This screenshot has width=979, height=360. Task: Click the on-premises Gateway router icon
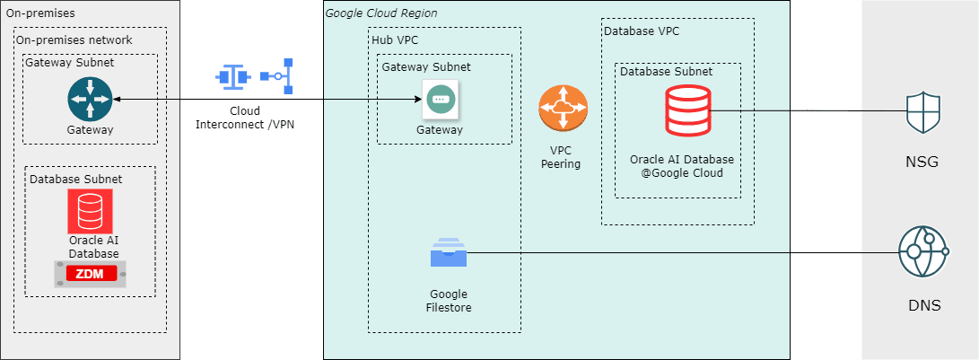[90, 98]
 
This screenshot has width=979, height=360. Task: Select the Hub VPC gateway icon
[440, 100]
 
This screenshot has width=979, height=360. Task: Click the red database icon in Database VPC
[687, 111]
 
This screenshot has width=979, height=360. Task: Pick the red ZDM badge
[90, 274]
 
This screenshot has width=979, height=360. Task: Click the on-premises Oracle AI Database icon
[90, 211]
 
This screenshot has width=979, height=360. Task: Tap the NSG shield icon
[923, 112]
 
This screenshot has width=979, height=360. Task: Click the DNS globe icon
[923, 252]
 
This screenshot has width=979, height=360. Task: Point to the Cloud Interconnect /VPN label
[245, 117]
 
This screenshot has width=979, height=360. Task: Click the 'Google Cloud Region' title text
[381, 13]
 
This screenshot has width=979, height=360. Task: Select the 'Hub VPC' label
[395, 40]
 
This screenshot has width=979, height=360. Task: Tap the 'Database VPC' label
[642, 31]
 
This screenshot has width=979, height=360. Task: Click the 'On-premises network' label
[74, 40]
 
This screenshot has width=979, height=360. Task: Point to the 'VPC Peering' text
[561, 157]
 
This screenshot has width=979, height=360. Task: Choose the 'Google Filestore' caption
[449, 301]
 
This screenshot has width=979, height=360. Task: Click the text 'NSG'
[923, 163]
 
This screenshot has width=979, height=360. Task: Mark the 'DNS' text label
[923, 305]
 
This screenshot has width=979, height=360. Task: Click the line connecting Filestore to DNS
[682, 252]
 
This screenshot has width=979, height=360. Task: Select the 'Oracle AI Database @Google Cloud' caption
[682, 166]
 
